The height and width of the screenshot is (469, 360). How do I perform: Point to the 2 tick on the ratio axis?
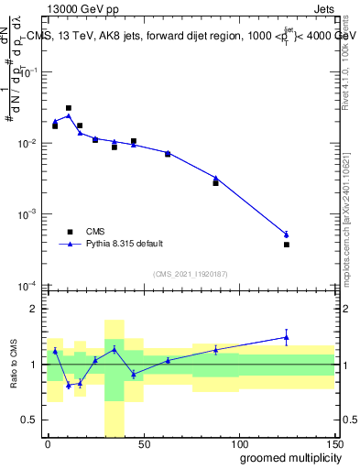pyautogui.click(x=34, y=309)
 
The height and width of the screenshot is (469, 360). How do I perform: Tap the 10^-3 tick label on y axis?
pyautogui.click(x=27, y=214)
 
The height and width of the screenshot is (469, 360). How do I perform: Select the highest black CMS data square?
pyautogui.click(x=69, y=108)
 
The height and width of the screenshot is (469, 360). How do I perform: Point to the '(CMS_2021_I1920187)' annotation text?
pyautogui.click(x=190, y=274)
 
